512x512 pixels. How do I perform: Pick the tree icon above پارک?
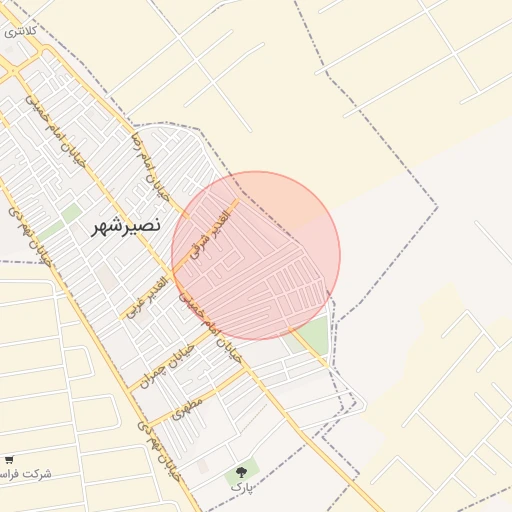241,471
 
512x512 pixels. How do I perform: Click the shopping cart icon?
9,459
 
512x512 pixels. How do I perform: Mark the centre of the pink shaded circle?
256,256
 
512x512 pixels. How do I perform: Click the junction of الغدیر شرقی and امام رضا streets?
185,213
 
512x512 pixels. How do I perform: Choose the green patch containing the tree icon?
243,470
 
